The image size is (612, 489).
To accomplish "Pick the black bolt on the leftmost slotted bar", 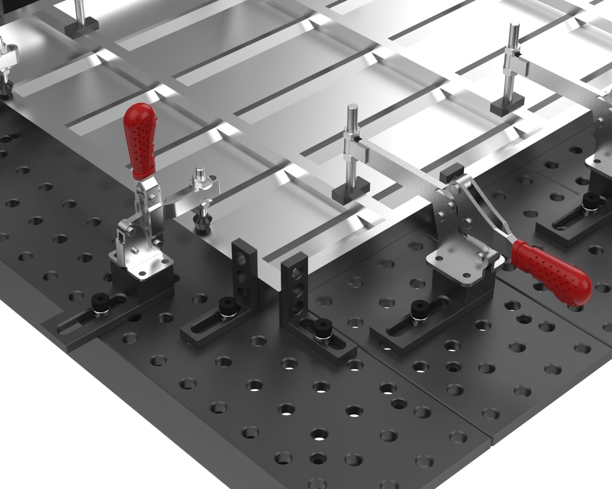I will (100, 302).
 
